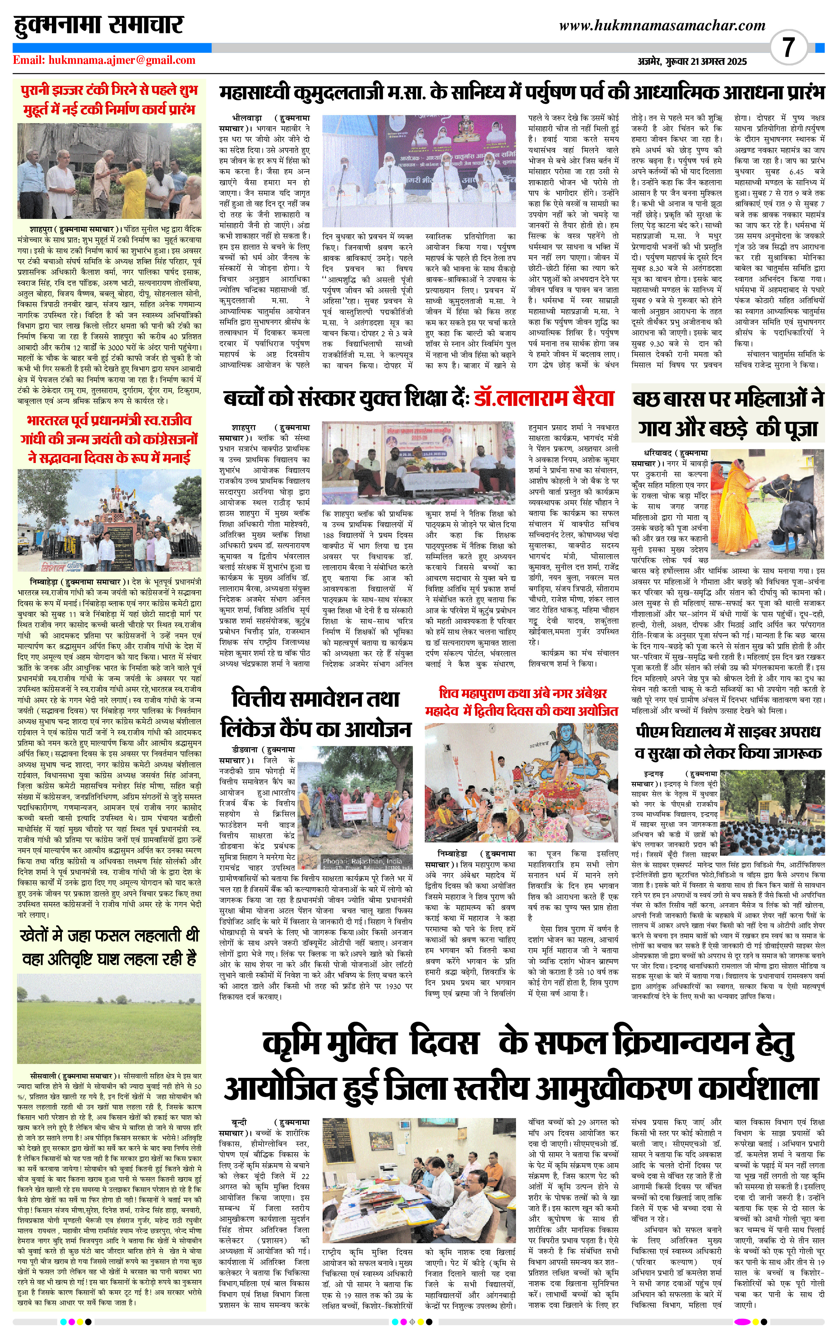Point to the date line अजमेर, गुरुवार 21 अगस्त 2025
[x=692, y=62]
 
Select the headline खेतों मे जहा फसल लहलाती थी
[x=109, y=935]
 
